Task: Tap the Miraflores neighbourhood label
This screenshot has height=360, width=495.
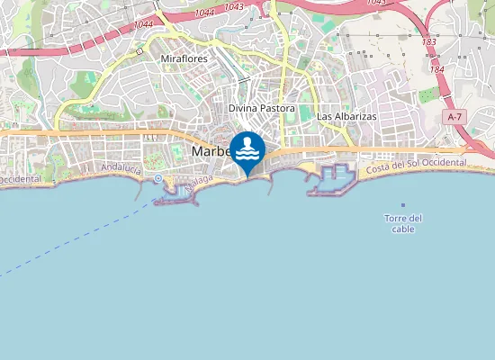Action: tap(184, 58)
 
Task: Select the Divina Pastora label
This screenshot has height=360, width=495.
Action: tap(262, 108)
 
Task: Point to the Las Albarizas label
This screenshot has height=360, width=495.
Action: tap(346, 117)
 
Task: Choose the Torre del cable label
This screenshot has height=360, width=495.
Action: tap(402, 223)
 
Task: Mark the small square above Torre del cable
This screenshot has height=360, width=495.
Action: tap(402, 205)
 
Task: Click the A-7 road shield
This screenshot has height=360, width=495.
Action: tap(455, 117)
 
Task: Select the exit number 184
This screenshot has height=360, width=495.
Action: tap(437, 69)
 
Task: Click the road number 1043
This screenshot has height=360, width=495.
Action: tap(234, 7)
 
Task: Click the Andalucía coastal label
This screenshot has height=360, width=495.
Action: tap(121, 168)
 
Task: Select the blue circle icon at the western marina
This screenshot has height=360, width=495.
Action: tap(158, 178)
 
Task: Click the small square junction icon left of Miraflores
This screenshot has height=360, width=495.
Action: tap(139, 51)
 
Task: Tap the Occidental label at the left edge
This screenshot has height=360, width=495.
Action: tap(20, 179)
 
